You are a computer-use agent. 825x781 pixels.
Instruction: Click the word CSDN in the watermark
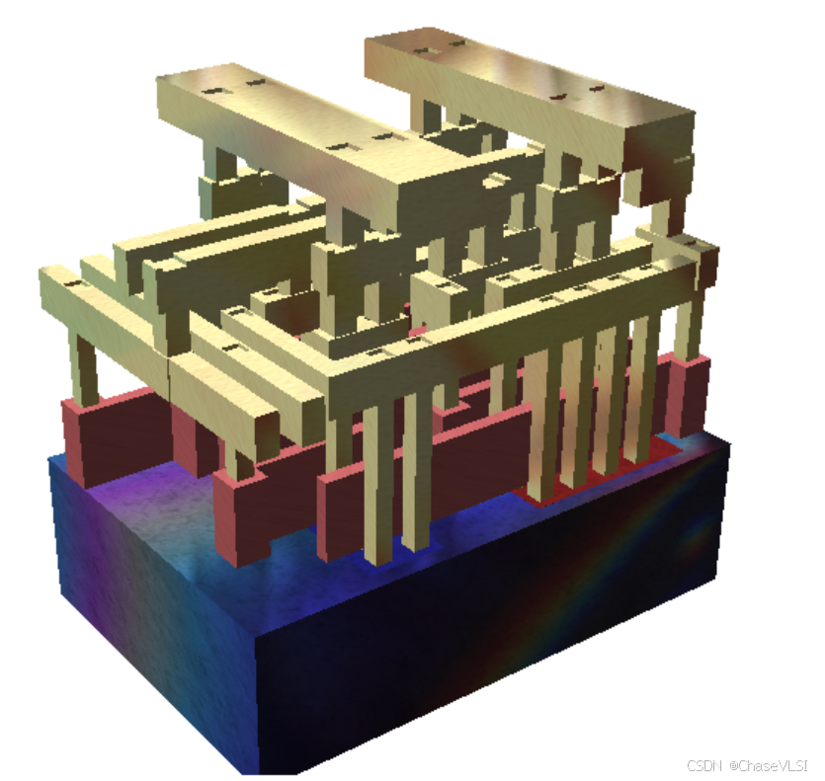pos(703,765)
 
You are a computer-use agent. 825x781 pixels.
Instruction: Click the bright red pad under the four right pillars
pos(600,473)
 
